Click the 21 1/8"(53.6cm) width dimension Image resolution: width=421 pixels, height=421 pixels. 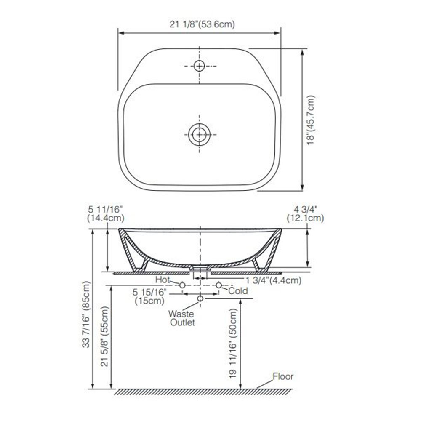point(202,24)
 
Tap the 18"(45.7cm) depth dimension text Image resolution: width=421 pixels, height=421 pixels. point(311,120)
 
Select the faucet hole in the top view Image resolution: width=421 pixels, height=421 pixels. point(199,66)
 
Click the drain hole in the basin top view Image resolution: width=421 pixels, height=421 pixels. point(199,135)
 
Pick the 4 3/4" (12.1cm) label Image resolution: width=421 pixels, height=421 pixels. point(305,213)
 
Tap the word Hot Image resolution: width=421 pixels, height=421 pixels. point(162,280)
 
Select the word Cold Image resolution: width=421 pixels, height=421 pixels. point(238,291)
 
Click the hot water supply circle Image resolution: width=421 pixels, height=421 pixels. point(182,285)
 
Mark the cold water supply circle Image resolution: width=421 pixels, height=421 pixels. point(218,285)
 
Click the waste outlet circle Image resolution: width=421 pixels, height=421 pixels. point(200,298)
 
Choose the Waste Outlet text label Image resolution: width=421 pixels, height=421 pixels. point(181,318)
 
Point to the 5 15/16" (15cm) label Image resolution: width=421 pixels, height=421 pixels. point(150,296)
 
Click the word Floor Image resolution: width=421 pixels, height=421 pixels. point(283,376)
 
